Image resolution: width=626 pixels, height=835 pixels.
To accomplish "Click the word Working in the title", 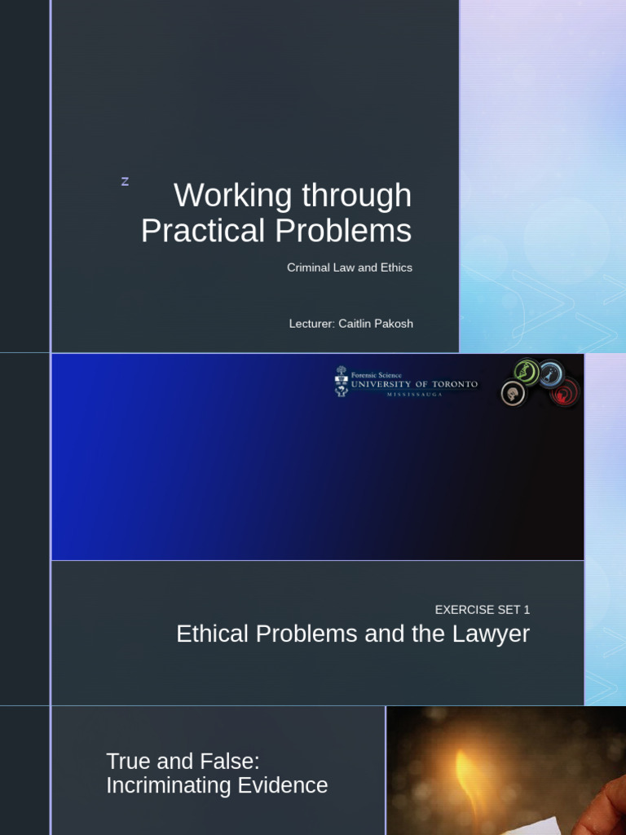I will pyautogui.click(x=233, y=196).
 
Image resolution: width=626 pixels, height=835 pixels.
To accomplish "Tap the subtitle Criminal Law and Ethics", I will pyautogui.click(x=350, y=267).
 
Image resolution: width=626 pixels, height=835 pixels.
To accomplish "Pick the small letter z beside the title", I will pyautogui.click(x=125, y=182).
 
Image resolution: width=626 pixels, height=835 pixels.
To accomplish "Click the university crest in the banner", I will pyautogui.click(x=341, y=382).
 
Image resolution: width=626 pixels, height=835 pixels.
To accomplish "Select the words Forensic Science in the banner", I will pyautogui.click(x=376, y=375).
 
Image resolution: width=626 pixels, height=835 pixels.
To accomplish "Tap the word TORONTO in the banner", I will pyautogui.click(x=454, y=384).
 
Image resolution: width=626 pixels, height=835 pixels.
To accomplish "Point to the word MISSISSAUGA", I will pyautogui.click(x=413, y=394).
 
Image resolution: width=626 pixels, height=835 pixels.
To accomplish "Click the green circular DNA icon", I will pyautogui.click(x=526, y=372).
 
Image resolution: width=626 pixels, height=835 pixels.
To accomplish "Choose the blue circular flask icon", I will pyautogui.click(x=552, y=373).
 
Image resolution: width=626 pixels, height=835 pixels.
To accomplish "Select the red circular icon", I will pyautogui.click(x=564, y=392).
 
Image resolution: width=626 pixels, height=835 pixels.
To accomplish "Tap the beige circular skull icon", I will pyautogui.click(x=514, y=394).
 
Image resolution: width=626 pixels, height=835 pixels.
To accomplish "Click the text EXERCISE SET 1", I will pyautogui.click(x=483, y=609).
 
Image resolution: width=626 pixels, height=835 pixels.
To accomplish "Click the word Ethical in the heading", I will pyautogui.click(x=209, y=634).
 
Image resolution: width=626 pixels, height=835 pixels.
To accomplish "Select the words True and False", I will pyautogui.click(x=183, y=762).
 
